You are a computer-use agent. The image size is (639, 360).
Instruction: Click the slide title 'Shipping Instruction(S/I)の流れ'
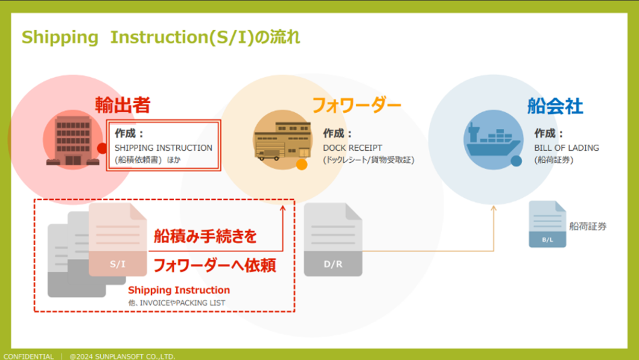point(161,38)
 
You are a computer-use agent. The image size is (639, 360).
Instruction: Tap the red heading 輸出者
point(123,105)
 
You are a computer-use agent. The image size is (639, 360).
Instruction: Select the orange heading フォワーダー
point(356,105)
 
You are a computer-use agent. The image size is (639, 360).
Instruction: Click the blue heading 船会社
point(555,106)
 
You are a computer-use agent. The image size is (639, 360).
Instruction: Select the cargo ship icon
point(493,140)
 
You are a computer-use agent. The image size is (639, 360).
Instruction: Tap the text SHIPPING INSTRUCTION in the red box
point(163,148)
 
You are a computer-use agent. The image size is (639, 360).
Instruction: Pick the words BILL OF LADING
point(566,148)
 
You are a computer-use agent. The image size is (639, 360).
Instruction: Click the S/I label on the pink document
point(117,264)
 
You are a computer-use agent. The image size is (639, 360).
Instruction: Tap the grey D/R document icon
point(333,239)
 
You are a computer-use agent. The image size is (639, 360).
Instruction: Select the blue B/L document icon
point(547,224)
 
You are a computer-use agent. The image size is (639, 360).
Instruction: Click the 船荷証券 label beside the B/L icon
point(588,226)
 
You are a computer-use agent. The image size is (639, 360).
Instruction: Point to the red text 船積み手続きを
point(205,236)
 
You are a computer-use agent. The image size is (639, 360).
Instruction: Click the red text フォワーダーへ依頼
point(214,266)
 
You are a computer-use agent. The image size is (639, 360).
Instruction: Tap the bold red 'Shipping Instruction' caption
point(179,290)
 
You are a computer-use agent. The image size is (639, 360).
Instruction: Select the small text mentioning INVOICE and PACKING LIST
point(176,303)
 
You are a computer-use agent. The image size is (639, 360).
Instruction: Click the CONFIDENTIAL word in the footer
point(29,356)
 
